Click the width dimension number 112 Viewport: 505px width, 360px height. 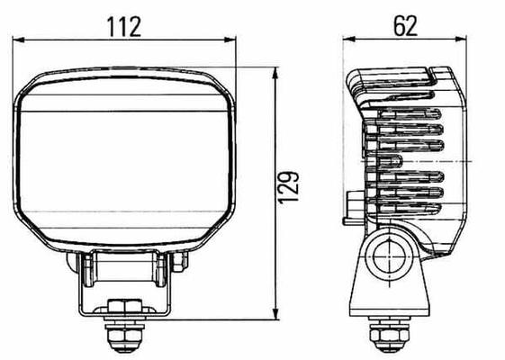pos(124,27)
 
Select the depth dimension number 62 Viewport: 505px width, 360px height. pos(405,25)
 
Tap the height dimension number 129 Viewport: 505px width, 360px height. pos(289,188)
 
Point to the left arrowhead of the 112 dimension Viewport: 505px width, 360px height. pos(18,40)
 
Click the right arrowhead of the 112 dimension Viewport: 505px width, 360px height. pos(230,40)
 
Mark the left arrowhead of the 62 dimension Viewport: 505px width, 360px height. pos(348,39)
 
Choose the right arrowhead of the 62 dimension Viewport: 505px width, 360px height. pos(461,39)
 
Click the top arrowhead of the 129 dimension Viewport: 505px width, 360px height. pos(275,73)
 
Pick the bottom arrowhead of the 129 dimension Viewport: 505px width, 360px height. pos(275,314)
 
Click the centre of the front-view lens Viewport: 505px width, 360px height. pos(124,160)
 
